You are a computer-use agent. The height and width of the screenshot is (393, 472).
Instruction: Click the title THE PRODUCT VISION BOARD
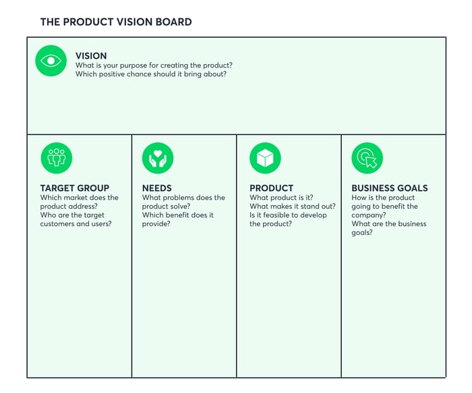[x=116, y=22]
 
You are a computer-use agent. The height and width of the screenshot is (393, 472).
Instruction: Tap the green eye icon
[x=51, y=61]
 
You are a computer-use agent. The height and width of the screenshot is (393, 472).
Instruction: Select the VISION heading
[x=91, y=56]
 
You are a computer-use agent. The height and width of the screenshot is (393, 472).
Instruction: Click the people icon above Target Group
[x=57, y=158]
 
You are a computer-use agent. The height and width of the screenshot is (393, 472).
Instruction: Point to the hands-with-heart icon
[x=158, y=158]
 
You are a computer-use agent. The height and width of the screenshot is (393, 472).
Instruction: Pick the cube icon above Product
[x=265, y=158]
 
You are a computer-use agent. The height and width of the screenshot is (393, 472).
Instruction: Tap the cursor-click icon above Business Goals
[x=367, y=158]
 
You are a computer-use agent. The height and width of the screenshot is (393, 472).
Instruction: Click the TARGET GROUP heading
[x=75, y=188]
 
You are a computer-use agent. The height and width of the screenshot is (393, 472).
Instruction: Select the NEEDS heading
[x=157, y=188]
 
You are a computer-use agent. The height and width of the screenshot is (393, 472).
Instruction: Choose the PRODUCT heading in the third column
[x=272, y=188]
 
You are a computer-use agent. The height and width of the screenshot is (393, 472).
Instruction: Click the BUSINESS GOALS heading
[x=390, y=188]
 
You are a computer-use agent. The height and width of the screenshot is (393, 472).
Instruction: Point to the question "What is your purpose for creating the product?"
[x=154, y=65]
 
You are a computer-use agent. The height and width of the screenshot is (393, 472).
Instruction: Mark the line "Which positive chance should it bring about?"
[x=151, y=74]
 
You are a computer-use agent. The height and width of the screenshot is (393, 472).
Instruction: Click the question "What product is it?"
[x=281, y=198]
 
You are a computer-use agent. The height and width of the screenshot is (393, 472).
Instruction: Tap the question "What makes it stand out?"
[x=293, y=207]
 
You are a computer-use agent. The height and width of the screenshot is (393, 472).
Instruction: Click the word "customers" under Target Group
[x=57, y=224]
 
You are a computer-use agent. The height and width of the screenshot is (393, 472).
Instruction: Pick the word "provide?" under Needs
[x=156, y=224]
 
